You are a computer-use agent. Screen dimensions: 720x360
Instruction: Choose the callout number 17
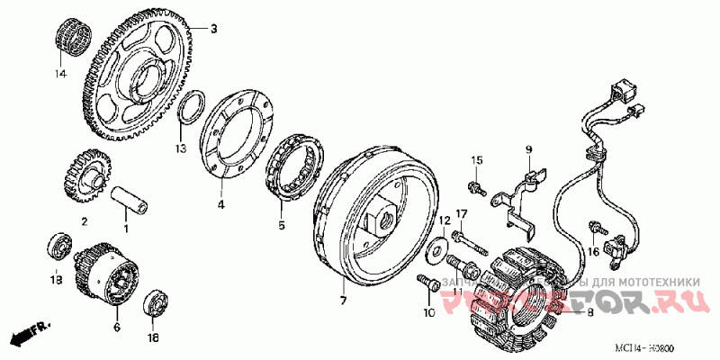[x=460, y=213]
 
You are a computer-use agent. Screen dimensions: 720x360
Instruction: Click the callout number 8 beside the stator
[x=590, y=312]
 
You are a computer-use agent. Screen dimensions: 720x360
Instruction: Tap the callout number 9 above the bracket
[x=529, y=148]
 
